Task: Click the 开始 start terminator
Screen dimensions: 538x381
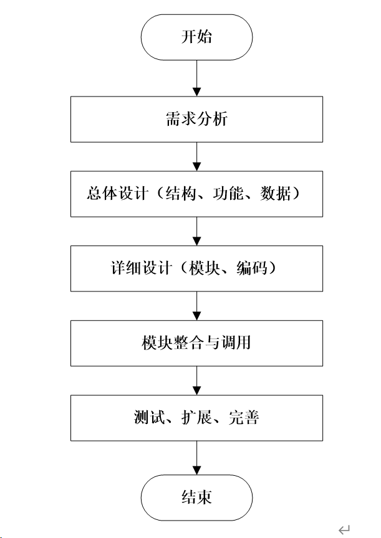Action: tap(196, 37)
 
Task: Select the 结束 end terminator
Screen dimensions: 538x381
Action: tap(196, 496)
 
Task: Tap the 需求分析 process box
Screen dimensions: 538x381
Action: tap(196, 119)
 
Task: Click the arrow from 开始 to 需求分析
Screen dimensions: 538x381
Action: tap(196, 78)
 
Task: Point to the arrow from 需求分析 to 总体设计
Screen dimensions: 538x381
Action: tap(196, 156)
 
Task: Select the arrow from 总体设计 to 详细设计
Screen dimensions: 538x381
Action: tap(196, 231)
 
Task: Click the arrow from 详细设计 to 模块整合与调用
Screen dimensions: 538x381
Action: tap(196, 306)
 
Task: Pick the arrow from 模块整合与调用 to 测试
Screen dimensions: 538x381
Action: tap(196, 380)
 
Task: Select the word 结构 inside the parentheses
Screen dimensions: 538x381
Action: tap(179, 193)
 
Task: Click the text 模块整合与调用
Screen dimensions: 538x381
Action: tap(196, 342)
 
